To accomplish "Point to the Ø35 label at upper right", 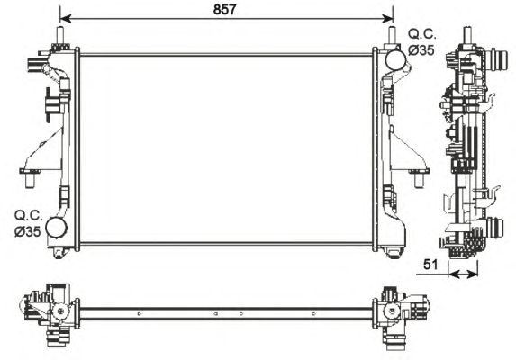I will pyautogui.click(x=421, y=50).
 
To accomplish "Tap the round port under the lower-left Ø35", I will pyautogui.click(x=58, y=229).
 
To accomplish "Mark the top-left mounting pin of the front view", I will pyautogui.click(x=61, y=35).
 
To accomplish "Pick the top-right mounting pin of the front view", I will pyautogui.click(x=393, y=35).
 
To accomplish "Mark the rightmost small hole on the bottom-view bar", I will pyautogui.click(x=313, y=313).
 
